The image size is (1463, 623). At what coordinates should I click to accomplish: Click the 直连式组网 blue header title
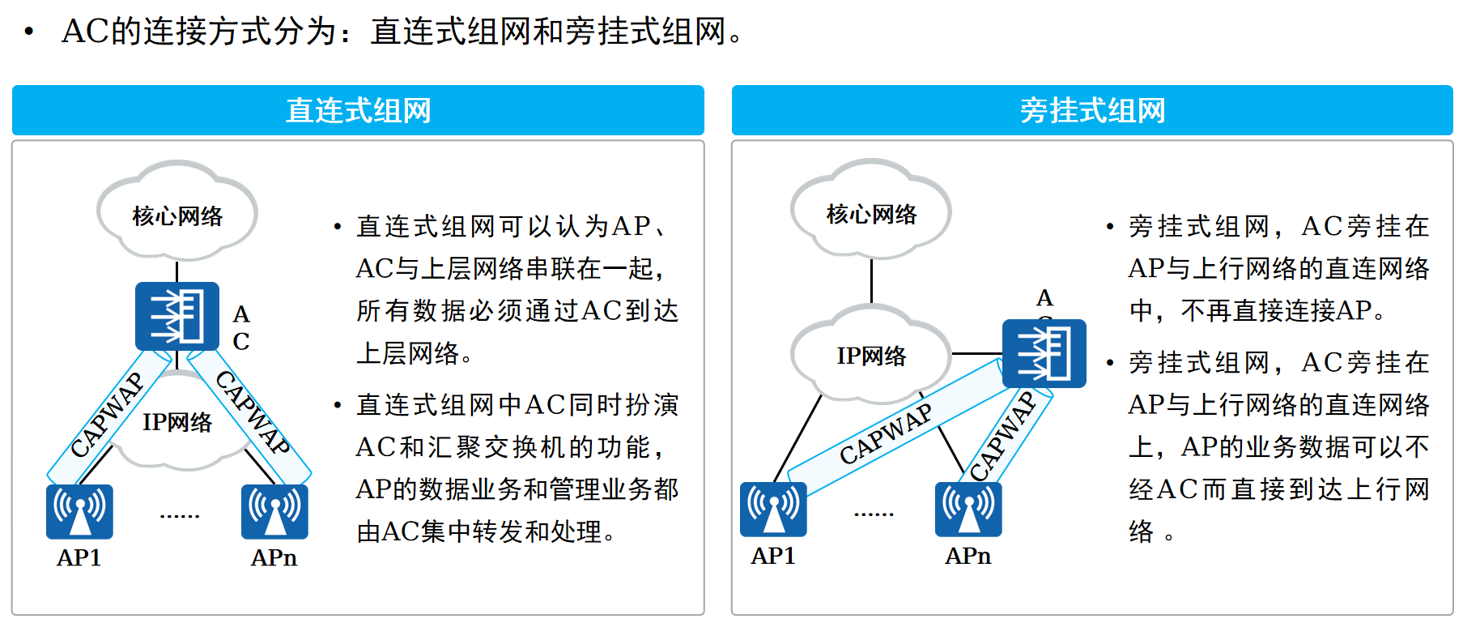358,110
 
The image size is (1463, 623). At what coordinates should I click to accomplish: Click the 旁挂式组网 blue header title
1092,110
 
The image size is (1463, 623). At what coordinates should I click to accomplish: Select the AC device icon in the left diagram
177,316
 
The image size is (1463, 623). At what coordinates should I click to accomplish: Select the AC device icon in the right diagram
1044,354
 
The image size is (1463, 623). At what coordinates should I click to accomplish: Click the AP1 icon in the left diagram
79,511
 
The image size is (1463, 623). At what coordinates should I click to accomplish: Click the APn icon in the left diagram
274,511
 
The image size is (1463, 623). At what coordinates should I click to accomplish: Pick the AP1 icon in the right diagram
773,509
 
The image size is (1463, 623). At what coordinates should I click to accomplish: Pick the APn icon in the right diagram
968,509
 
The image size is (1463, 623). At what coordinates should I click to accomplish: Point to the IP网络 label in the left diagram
177,422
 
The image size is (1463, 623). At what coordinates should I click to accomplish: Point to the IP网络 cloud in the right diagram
871,355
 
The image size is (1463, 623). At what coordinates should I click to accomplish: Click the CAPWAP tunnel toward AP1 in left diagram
107,415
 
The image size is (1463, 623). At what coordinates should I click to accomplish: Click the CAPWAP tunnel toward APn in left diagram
252,412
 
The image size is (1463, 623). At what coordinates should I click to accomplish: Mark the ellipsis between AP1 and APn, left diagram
180,515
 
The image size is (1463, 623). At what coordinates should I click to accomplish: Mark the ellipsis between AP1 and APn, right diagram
874,514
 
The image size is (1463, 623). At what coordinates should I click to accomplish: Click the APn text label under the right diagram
968,556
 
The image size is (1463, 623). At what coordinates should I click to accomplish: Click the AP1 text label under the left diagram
79,557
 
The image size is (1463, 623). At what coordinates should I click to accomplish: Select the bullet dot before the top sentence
29,32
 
